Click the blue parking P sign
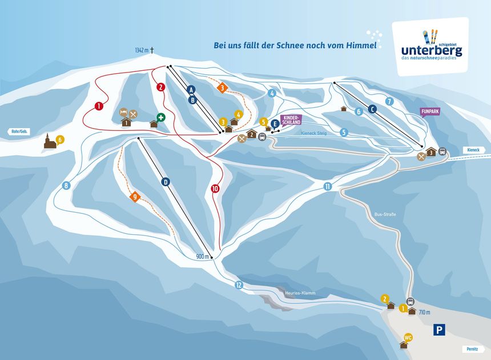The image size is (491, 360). pyautogui.click(x=439, y=329)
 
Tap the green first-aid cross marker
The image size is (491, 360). pyautogui.click(x=161, y=117)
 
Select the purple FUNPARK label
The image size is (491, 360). pyautogui.click(x=429, y=112)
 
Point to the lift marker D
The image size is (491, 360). pyautogui.click(x=166, y=182)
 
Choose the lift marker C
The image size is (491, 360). pyautogui.click(x=372, y=109)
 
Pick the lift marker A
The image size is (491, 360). pyautogui.click(x=191, y=89)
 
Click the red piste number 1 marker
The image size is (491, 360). pyautogui.click(x=99, y=106)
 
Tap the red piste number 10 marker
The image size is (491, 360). pyautogui.click(x=215, y=189)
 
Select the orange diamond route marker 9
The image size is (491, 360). pyautogui.click(x=135, y=197)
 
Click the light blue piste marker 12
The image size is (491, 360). pyautogui.click(x=239, y=285)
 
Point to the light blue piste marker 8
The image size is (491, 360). pyautogui.click(x=66, y=185)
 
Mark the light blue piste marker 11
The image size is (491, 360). pyautogui.click(x=327, y=186)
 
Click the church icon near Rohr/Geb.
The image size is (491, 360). pyautogui.click(x=50, y=141)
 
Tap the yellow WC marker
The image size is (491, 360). pyautogui.click(x=408, y=337)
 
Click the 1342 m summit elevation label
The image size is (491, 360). pyautogui.click(x=142, y=50)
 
